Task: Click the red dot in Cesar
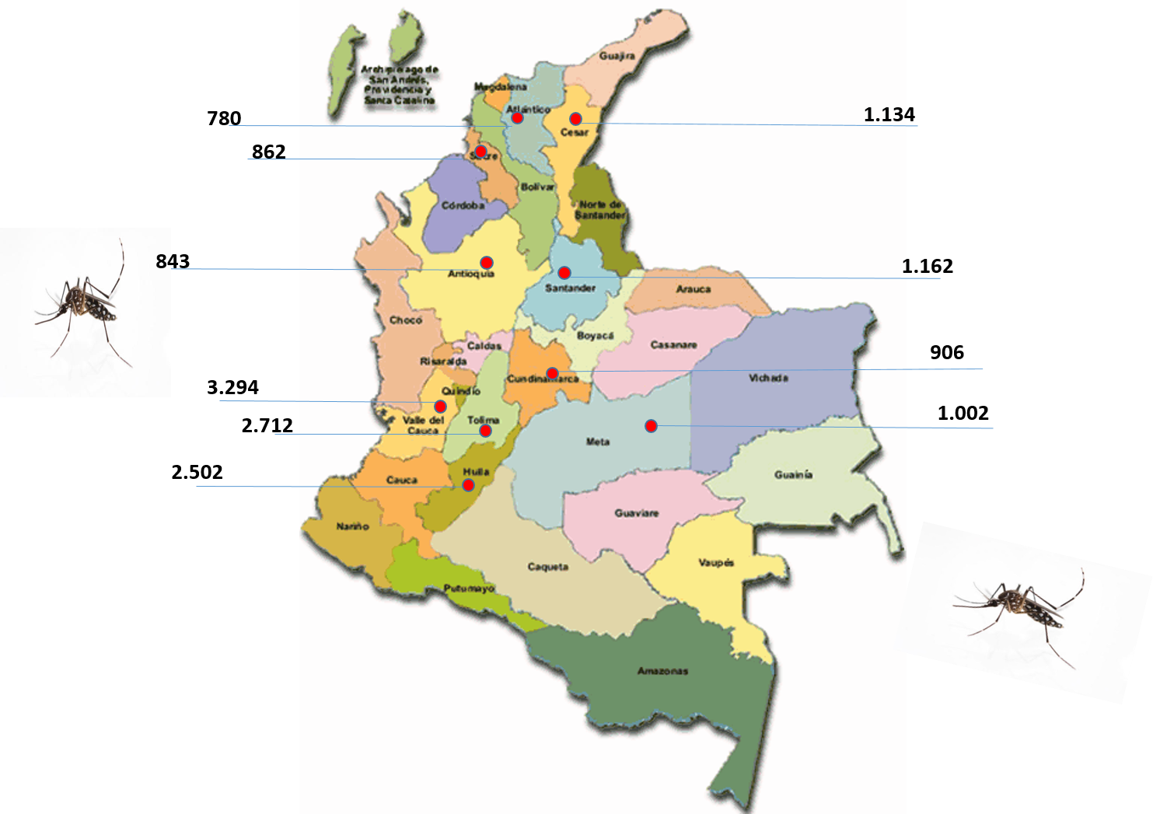(x=575, y=119)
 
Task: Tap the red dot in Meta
(x=651, y=426)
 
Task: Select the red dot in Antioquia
(x=487, y=263)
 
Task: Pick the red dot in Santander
(x=564, y=273)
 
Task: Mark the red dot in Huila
(x=468, y=485)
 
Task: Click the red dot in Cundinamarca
(x=552, y=373)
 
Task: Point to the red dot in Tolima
(x=485, y=431)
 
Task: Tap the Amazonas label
(x=662, y=671)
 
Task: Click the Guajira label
(x=617, y=56)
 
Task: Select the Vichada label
(x=768, y=378)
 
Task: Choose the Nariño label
(x=352, y=526)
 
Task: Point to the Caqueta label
(x=547, y=567)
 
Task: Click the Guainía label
(x=793, y=474)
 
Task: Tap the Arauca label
(x=693, y=289)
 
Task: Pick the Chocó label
(x=405, y=320)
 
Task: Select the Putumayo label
(x=469, y=589)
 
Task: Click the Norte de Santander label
(x=600, y=210)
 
